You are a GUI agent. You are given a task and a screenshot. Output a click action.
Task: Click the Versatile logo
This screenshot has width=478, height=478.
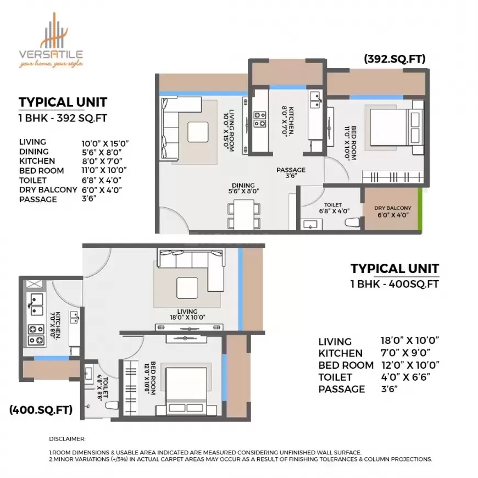51,40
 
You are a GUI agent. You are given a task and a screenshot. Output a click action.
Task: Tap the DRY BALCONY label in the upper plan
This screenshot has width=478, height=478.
393,208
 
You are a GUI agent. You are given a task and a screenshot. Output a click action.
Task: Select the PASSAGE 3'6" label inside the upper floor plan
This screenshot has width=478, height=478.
291,173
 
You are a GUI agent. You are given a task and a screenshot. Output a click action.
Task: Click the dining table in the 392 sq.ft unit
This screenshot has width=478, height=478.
244,214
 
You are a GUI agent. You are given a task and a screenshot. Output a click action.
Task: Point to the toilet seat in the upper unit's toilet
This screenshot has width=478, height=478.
353,222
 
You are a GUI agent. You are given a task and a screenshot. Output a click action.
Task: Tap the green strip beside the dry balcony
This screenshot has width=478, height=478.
420,209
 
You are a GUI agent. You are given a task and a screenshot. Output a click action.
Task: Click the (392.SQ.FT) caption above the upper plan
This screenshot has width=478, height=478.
395,59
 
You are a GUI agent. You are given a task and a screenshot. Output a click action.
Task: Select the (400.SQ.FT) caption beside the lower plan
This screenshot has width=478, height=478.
41,409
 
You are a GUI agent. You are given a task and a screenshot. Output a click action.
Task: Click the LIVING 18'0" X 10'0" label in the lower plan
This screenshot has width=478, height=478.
187,314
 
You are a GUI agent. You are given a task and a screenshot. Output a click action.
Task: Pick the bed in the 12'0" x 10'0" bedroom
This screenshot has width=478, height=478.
186,391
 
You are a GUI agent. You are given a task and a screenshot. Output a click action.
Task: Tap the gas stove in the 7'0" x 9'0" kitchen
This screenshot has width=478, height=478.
36,335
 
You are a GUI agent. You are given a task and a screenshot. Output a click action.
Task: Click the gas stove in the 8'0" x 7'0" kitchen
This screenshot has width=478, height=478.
260,119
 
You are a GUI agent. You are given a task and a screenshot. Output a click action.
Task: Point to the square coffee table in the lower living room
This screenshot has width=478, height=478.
187,288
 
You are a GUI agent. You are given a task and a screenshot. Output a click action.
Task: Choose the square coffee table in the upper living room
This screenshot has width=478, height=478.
198,132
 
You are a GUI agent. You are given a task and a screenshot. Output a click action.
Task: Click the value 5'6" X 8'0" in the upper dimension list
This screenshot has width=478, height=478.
102,152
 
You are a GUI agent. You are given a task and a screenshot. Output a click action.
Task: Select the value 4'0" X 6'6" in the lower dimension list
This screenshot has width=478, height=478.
405,377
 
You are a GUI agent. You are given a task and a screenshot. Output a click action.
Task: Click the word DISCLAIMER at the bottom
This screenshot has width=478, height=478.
67,439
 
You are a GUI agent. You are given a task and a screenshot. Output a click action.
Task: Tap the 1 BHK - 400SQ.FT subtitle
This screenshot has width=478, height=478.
395,284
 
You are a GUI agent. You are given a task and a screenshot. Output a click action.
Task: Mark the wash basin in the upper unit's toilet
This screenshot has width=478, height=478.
311,225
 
